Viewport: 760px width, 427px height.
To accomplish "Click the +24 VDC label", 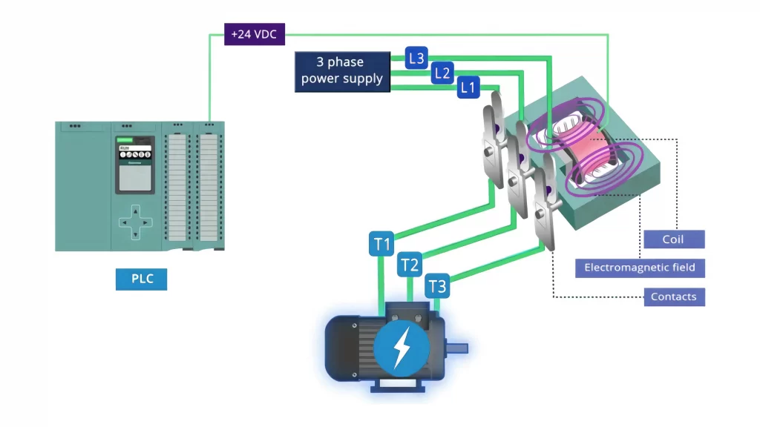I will click(x=255, y=34).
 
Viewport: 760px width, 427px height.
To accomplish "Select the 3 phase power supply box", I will click(x=342, y=72).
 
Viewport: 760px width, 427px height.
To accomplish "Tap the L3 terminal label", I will click(x=416, y=57).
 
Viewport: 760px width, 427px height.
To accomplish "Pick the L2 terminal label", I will click(x=442, y=73).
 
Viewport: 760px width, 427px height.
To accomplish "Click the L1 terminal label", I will click(x=468, y=87).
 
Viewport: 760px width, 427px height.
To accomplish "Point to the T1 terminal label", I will click(x=381, y=245).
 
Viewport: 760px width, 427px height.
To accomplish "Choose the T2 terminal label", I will click(x=410, y=264).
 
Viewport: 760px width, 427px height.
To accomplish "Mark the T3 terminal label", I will click(x=438, y=285).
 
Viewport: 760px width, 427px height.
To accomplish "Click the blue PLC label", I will click(x=141, y=279).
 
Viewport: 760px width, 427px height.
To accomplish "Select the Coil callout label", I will click(x=673, y=239).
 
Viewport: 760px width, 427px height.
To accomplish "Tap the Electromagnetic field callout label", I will click(x=640, y=268).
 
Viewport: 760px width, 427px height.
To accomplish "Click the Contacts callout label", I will click(x=673, y=297).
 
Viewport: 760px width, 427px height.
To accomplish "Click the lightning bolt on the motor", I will click(x=402, y=346).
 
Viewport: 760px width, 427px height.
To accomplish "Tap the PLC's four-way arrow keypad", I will click(x=134, y=221).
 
